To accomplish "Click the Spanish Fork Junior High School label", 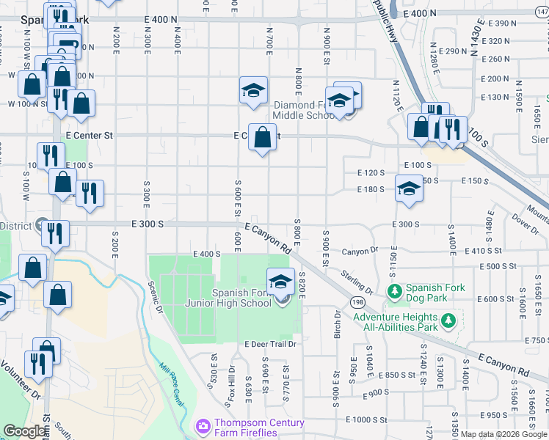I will coord(241,298).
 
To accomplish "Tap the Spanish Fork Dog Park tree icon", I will coord(394,292).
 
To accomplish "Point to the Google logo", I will coord(23,432).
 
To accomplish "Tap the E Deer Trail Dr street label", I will coord(270,344).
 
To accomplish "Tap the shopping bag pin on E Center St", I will coord(262,137).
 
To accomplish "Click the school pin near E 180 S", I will coord(409,188).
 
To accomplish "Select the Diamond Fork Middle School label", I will coord(304,110).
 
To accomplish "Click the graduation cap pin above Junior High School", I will coord(280,281).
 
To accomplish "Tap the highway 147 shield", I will coord(542,5).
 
